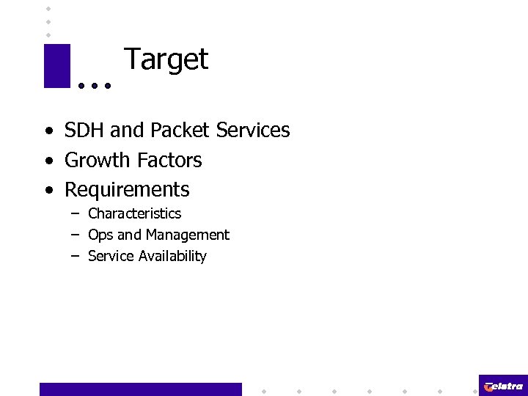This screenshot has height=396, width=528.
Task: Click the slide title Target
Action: pos(166,59)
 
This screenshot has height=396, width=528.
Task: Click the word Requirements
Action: pos(127,190)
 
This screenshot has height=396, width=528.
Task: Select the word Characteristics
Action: pos(134,213)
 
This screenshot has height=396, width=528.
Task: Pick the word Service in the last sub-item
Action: pos(109,256)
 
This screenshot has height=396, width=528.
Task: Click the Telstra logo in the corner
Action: pos(503,386)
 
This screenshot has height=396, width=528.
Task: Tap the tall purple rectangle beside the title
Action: pos(56,65)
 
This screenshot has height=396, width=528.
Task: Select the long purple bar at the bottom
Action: pos(140,389)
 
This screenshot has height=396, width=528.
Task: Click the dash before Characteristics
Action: pos(75,213)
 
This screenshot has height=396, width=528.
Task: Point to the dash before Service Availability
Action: pos(75,256)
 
